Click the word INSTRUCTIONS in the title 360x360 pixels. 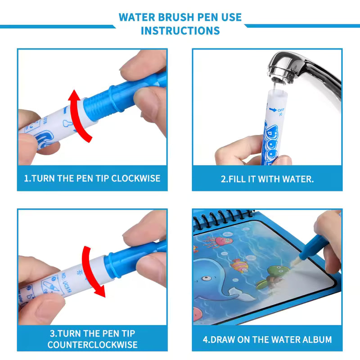[180, 31]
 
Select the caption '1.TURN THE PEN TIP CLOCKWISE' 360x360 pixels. [92, 178]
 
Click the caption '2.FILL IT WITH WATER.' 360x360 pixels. [267, 179]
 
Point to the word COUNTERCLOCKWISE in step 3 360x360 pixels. [92, 344]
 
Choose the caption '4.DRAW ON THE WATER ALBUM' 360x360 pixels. [267, 339]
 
